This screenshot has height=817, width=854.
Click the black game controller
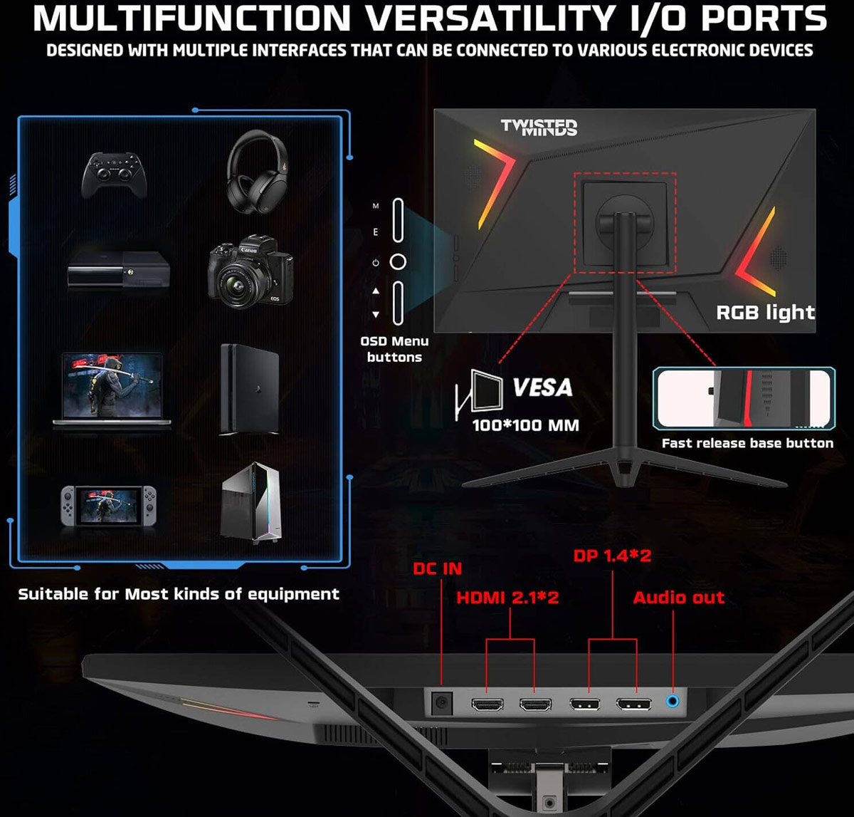tap(114, 175)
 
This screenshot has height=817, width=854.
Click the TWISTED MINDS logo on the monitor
tap(539, 128)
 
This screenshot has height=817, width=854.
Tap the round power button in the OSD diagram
tap(398, 262)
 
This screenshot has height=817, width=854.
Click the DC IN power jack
tap(442, 704)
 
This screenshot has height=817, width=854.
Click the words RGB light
tap(765, 312)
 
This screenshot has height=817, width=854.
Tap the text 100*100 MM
tap(525, 425)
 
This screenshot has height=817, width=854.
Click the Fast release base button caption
tap(747, 443)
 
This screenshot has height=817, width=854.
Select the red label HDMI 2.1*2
tap(507, 598)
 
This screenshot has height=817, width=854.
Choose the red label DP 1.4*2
tap(612, 556)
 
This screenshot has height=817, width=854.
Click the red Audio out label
tap(678, 598)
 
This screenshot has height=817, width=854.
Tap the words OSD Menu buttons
tap(394, 349)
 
